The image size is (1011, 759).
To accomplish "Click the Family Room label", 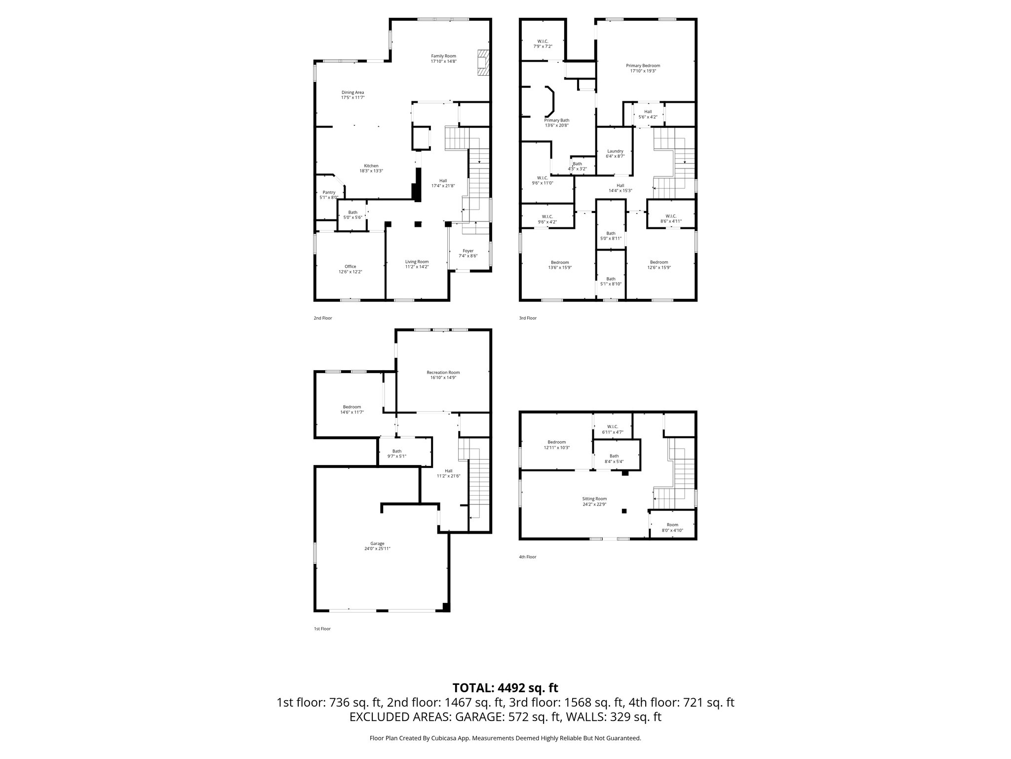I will [x=443, y=56].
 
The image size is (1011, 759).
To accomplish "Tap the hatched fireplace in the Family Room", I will [x=483, y=63].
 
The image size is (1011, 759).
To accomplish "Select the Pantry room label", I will [x=329, y=192].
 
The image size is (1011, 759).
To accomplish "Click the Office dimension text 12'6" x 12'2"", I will [x=350, y=272].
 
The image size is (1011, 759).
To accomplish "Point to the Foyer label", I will [x=467, y=251].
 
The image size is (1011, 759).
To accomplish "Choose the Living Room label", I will [x=417, y=261].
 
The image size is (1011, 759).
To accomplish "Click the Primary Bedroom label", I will [x=643, y=65].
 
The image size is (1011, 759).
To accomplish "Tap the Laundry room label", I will [x=615, y=151].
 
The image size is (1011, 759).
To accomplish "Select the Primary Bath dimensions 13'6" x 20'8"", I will [x=557, y=126].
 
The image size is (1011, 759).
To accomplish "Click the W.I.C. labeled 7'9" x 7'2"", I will [x=543, y=43].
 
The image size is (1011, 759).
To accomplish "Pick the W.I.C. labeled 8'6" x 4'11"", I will [x=670, y=218].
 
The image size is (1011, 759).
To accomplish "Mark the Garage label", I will [x=377, y=543].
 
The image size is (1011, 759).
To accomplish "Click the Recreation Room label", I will [x=443, y=372].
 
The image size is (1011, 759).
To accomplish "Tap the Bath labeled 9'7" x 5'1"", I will [x=397, y=453].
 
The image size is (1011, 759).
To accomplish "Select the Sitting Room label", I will [x=594, y=499].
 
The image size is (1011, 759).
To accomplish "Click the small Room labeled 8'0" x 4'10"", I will [x=672, y=527].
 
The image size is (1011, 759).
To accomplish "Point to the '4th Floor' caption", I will [x=527, y=557].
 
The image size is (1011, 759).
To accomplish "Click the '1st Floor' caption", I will [x=322, y=629].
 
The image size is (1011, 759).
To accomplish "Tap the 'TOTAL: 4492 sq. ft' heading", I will [x=505, y=687].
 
